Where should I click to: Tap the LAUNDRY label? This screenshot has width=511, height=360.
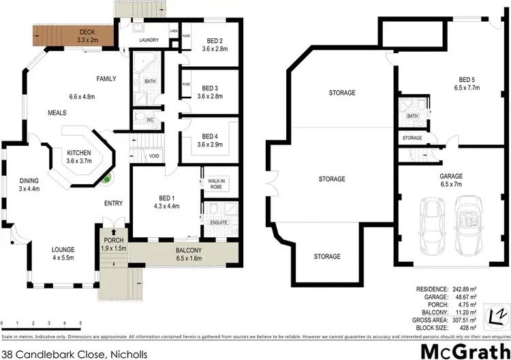pyautogui.click(x=149, y=40)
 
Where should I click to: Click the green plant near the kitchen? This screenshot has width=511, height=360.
pyautogui.click(x=107, y=181)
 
